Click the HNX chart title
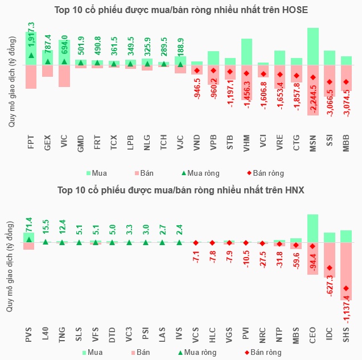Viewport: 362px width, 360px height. pos(181,190)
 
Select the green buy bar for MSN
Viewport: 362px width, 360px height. pos(313,45)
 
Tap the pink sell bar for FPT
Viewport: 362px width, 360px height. pos(31,77)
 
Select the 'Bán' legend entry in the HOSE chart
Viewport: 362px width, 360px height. pos(145,173)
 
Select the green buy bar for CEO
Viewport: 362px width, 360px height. pos(313,228)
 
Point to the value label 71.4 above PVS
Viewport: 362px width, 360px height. pos(30,223)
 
